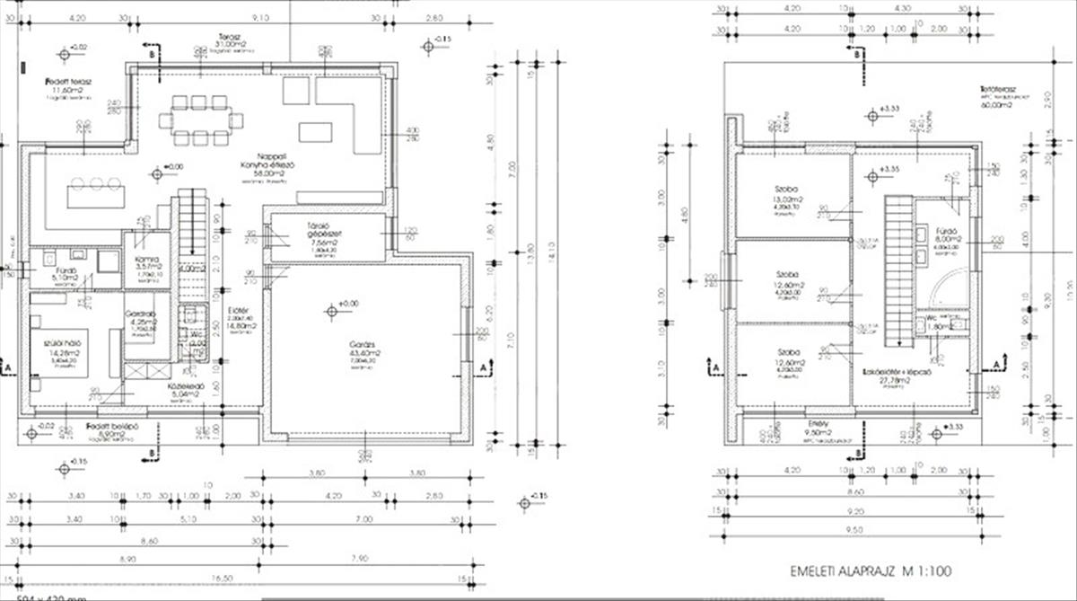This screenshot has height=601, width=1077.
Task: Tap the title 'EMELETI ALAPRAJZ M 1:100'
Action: click(x=870, y=570)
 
